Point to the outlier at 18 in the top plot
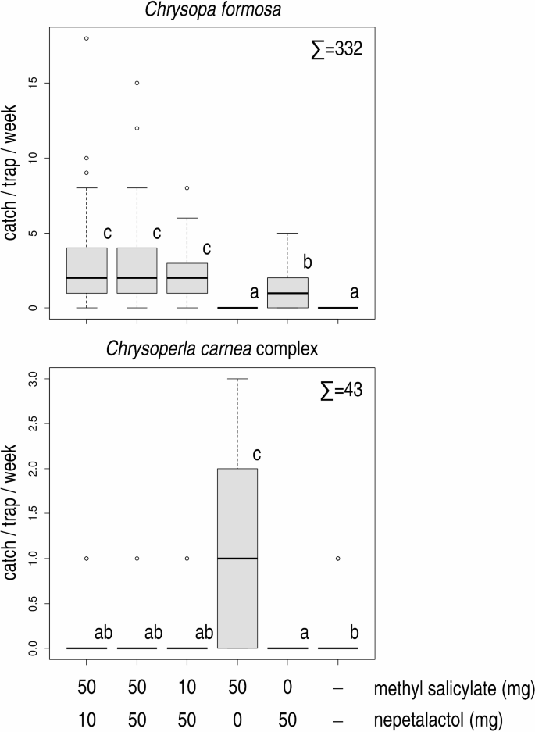tap(87, 38)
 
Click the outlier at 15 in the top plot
tap(137, 83)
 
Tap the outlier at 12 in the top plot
tap(137, 128)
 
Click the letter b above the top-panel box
tap(307, 262)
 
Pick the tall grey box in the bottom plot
tap(237, 558)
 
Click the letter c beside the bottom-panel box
tap(256, 453)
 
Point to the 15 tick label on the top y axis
tap(34, 83)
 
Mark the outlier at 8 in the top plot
tap(187, 188)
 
